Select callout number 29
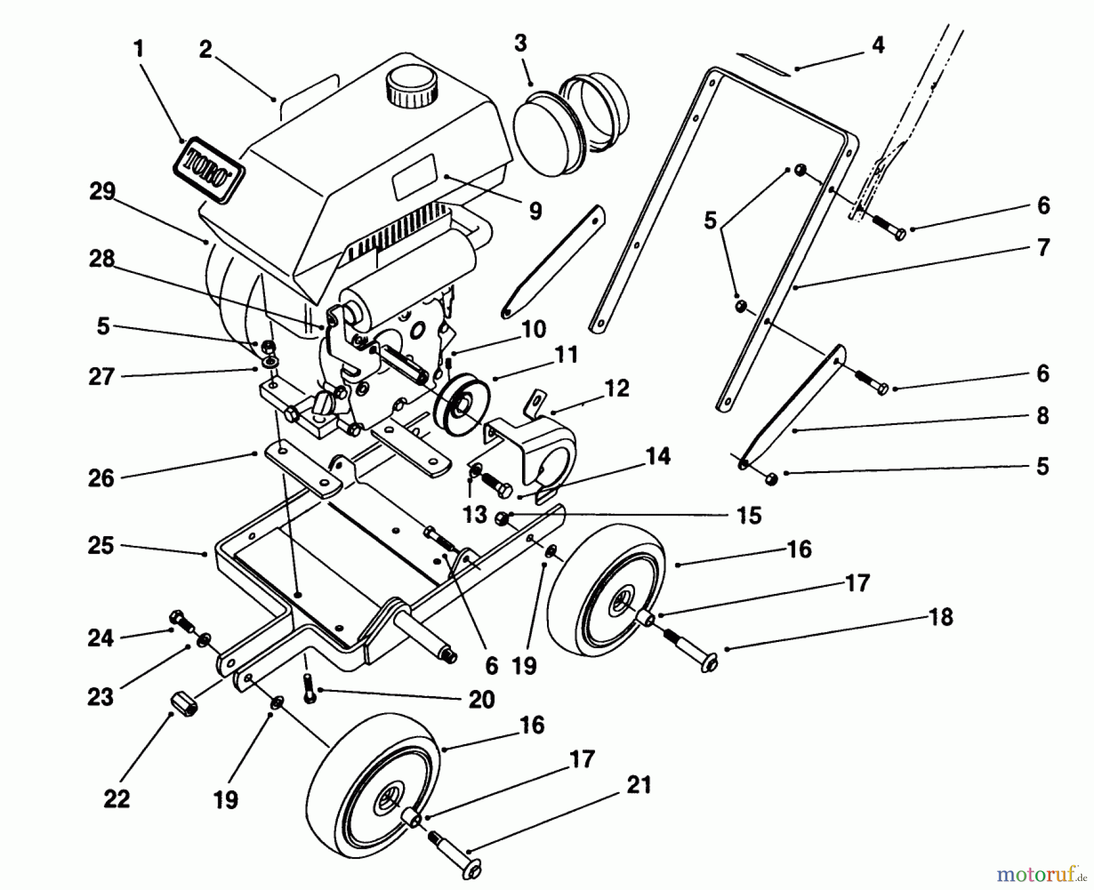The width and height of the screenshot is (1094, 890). point(101,191)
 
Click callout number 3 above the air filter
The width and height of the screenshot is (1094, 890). point(520,44)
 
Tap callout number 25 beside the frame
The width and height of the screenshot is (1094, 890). point(101,545)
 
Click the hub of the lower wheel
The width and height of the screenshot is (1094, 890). point(389,802)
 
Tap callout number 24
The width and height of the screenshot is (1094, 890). point(101,638)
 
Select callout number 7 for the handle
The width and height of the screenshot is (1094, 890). point(1043,248)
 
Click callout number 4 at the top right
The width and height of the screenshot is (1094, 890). point(878,46)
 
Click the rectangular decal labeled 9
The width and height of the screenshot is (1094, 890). point(415,176)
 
